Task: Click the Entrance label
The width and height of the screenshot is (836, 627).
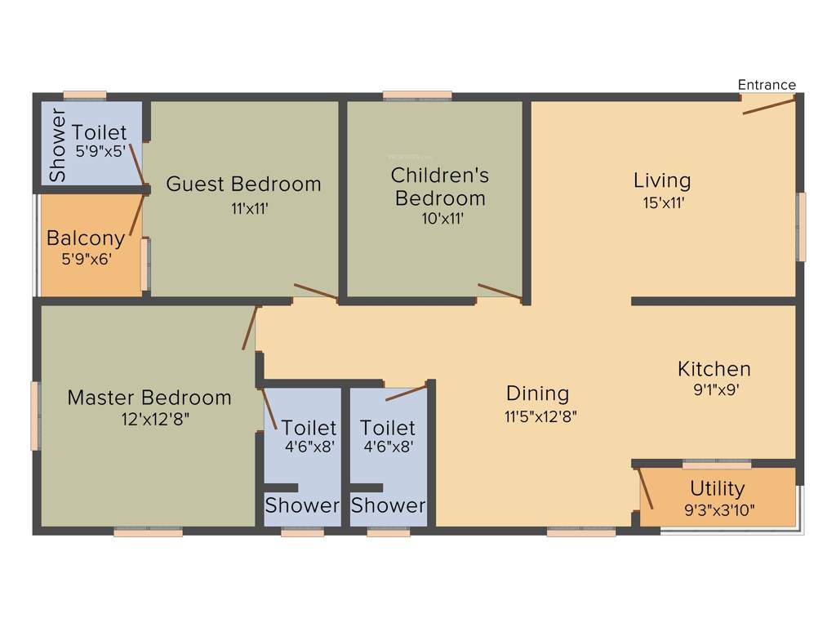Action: tap(766, 84)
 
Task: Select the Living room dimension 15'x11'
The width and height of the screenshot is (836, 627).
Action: tap(662, 203)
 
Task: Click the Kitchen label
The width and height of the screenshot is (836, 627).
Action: tap(714, 369)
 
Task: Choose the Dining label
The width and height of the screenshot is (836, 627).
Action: tap(537, 394)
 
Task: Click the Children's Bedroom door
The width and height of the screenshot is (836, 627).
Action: tap(499, 291)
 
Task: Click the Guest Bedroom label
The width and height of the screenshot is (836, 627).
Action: tap(243, 184)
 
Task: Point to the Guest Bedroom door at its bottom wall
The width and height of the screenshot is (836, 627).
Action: tap(315, 291)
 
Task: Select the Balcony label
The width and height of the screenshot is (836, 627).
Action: tap(86, 238)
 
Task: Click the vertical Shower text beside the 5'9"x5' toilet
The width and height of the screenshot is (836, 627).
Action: tap(57, 145)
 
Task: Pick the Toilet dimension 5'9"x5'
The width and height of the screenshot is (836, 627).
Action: tap(100, 151)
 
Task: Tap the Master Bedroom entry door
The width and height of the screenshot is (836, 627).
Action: tap(251, 328)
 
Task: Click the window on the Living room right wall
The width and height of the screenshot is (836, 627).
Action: tap(801, 226)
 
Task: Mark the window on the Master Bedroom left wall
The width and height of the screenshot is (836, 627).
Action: tap(35, 416)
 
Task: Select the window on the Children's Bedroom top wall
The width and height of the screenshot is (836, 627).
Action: tap(417, 96)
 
